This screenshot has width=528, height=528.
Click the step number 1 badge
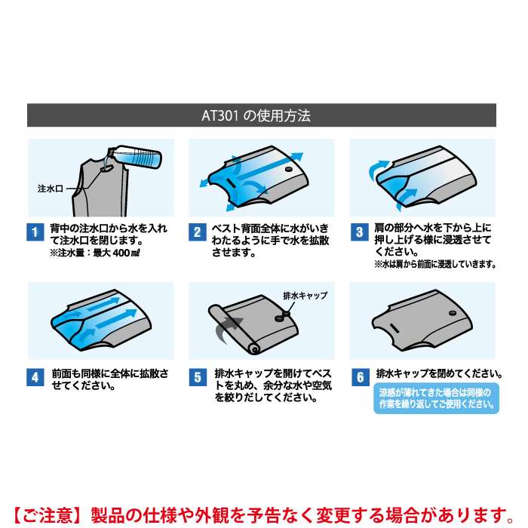[x=35, y=232]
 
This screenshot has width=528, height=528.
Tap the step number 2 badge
[x=198, y=232]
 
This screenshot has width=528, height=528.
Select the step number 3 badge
[x=359, y=232]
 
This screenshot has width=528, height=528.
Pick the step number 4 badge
[x=35, y=377]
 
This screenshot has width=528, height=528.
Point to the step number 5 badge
[x=198, y=377]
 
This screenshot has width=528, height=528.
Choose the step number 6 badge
[x=360, y=377]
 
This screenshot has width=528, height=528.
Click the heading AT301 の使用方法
[x=256, y=115]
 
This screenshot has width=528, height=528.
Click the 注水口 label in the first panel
[x=51, y=189]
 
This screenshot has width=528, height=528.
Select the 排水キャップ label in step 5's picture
[x=305, y=296]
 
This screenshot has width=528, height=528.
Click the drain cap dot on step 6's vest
[x=453, y=313]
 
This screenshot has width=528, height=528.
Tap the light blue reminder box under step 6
[x=436, y=398]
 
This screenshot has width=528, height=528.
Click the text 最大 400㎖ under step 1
[x=116, y=253]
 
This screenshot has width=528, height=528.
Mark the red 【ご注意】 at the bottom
[x=48, y=515]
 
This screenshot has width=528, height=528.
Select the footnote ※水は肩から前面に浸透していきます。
[x=435, y=264]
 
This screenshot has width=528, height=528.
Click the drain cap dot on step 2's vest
[x=289, y=169]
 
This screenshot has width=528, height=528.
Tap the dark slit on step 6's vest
[x=394, y=328]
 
